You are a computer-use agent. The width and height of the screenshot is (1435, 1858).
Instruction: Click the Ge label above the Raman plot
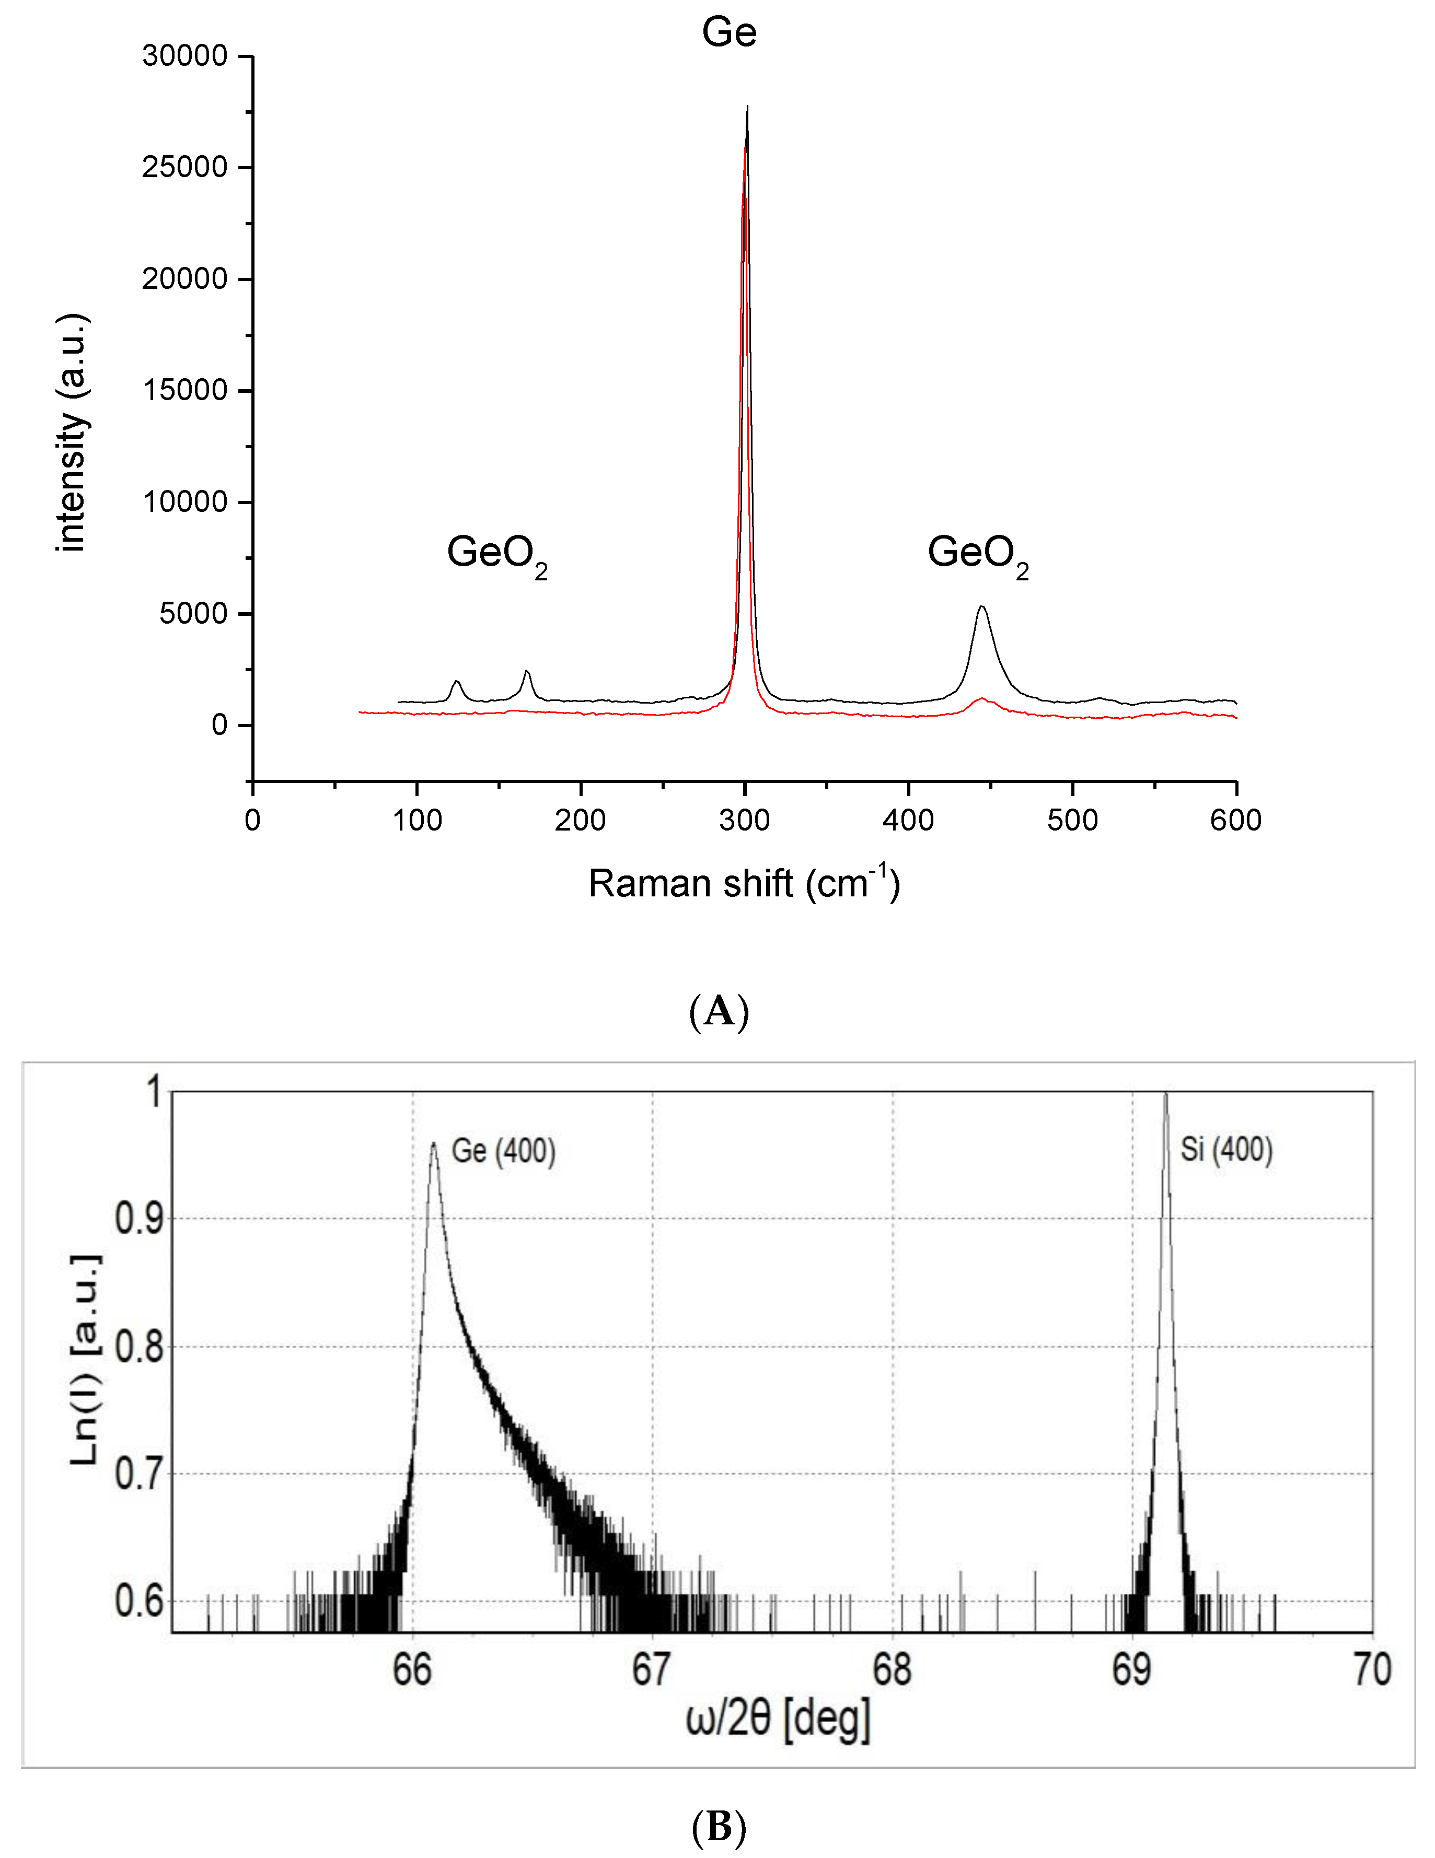click(x=728, y=32)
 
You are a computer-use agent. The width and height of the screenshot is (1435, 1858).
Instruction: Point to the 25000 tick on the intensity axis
click(x=184, y=167)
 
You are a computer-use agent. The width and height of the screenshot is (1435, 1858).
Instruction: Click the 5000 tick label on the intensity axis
click(x=193, y=613)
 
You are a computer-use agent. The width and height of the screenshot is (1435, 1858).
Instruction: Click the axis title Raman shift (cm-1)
click(x=743, y=883)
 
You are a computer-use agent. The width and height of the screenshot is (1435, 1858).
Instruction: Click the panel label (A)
click(x=719, y=1011)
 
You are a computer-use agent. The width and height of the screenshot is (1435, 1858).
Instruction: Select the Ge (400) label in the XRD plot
click(x=503, y=1151)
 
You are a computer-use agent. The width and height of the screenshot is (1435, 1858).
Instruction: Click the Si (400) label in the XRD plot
click(x=1225, y=1150)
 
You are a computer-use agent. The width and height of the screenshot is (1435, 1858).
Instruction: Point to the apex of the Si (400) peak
click(x=1165, y=1095)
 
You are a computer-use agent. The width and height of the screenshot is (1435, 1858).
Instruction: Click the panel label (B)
click(x=719, y=1827)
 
